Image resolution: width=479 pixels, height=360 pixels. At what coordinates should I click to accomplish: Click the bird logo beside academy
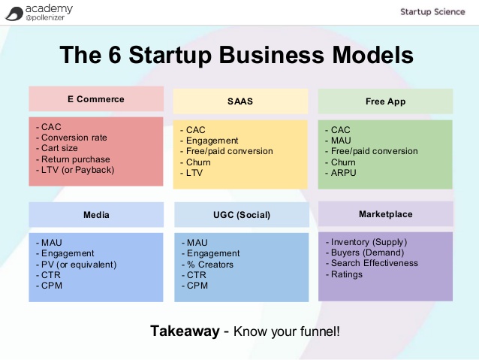[14, 14]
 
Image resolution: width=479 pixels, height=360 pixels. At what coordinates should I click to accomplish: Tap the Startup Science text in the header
[432, 12]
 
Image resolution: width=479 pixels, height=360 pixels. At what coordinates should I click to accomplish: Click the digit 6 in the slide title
[115, 55]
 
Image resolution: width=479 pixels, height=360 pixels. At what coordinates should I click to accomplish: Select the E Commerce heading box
[96, 98]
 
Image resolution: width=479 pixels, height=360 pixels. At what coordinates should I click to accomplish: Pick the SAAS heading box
[240, 101]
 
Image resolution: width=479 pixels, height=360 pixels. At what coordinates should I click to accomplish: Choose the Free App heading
[385, 101]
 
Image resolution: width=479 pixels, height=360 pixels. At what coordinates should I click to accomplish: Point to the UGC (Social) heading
[242, 215]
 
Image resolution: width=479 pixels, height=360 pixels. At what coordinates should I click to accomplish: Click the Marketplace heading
[385, 213]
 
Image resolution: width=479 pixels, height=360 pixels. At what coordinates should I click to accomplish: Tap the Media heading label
[96, 215]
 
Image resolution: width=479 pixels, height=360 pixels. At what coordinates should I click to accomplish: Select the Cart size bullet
[57, 148]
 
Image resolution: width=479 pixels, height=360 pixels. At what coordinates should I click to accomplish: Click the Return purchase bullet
[73, 159]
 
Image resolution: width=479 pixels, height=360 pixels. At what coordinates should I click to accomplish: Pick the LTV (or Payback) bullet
[75, 170]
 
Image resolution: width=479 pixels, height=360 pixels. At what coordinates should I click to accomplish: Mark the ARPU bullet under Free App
[341, 173]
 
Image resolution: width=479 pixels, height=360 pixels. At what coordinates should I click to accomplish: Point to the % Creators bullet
[207, 265]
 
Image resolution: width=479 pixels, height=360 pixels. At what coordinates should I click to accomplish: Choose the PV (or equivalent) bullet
[77, 265]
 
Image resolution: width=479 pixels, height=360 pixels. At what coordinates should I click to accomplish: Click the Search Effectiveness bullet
[372, 263]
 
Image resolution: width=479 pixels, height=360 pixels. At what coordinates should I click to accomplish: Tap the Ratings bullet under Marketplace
[344, 274]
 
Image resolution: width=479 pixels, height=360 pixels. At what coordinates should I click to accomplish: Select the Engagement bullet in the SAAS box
[209, 141]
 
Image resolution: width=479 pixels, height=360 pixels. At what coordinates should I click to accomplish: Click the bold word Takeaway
[185, 331]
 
